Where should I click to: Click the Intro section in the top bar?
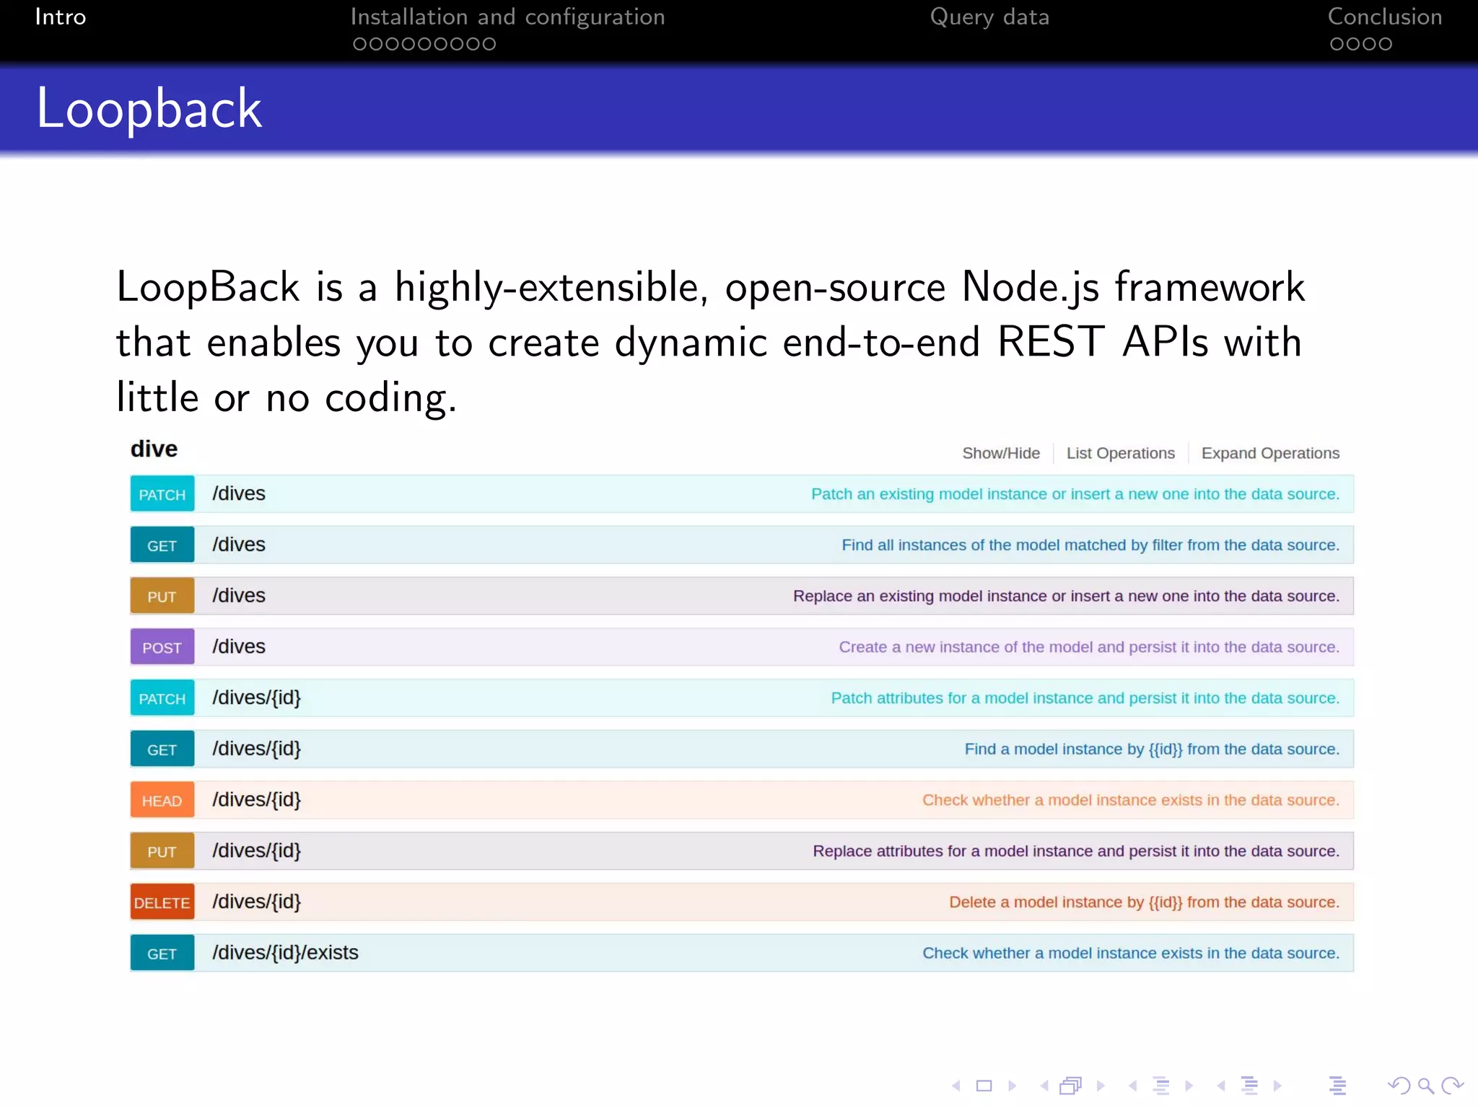61,17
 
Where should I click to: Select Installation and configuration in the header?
507,17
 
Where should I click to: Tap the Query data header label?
989,17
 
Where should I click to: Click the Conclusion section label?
1384,17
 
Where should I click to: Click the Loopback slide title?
149,108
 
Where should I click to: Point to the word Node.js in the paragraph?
1030,287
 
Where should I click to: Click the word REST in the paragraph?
1050,342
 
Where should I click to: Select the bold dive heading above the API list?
154,449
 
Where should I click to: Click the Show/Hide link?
1000,453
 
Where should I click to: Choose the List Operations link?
1120,453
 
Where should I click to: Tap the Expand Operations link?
1269,453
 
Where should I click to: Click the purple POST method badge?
162,647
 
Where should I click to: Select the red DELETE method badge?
162,902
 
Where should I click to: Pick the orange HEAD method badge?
162,800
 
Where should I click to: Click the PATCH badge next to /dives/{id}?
162,698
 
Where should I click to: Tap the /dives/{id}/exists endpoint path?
285,953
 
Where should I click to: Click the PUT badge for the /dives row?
162,596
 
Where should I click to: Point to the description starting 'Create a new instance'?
1088,647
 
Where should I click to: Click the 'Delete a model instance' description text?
1143,902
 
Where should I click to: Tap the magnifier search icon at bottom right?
1425,1085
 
